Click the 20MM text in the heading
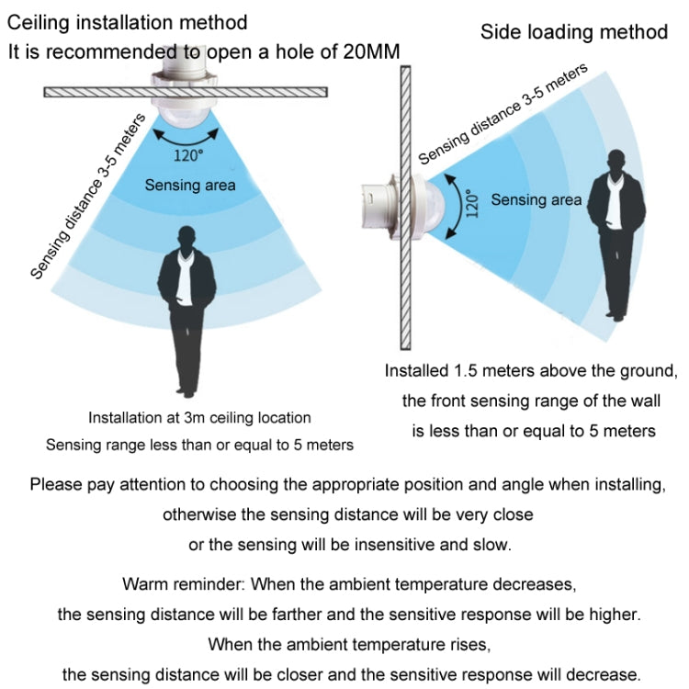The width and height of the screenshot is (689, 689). click(x=371, y=51)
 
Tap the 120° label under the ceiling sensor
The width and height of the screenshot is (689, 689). click(x=188, y=155)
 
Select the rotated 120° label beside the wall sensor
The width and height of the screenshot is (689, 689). click(x=471, y=203)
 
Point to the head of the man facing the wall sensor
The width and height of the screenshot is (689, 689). click(x=617, y=162)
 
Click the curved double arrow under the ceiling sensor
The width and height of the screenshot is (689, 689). click(x=186, y=138)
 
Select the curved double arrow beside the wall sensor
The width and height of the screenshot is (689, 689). click(x=454, y=206)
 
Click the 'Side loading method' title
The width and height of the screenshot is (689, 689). click(x=574, y=32)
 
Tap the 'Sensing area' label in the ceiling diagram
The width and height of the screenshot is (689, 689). click(x=190, y=185)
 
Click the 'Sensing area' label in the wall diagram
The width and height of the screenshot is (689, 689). click(x=537, y=200)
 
